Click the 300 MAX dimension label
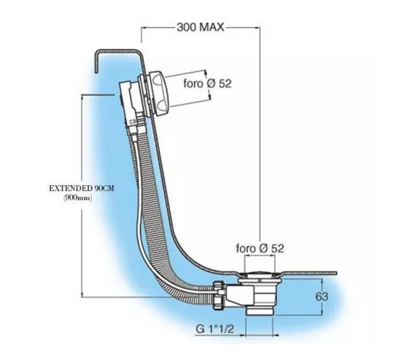200,27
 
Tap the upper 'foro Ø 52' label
207,84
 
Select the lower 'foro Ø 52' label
260,249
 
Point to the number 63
322,297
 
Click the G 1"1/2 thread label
215,329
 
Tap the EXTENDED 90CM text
81,188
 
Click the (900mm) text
77,198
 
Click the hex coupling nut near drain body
218,295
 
